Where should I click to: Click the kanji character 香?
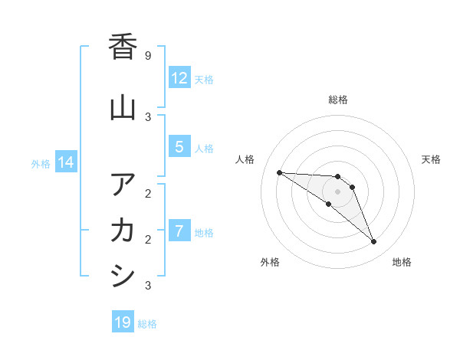[123, 47]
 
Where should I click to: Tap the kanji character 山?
[123, 108]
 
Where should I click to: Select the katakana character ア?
[123, 185]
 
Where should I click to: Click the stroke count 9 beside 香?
[147, 56]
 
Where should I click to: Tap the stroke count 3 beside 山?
[147, 116]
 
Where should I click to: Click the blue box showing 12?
[179, 78]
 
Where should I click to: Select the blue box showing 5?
[179, 147]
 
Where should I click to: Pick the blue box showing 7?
[179, 231]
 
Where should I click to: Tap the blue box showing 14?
[66, 162]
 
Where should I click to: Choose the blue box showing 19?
[123, 322]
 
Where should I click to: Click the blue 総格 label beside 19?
[147, 324]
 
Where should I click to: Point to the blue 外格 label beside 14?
[41, 163]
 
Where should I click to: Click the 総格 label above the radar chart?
[338, 100]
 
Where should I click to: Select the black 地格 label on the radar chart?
[402, 262]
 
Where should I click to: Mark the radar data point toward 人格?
[279, 172]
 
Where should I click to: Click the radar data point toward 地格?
[374, 242]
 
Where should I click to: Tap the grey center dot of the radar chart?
[337, 191]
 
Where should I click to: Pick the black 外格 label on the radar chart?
[270, 262]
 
